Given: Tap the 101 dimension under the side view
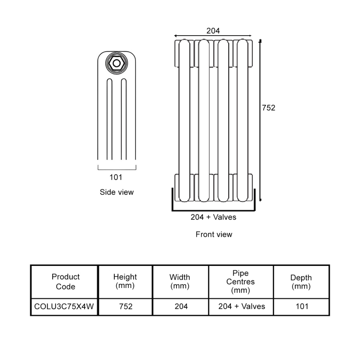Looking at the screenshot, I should (116, 177).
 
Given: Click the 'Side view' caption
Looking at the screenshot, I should (117, 192).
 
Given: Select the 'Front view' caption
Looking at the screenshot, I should (214, 234).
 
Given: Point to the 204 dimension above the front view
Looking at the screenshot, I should (213, 31).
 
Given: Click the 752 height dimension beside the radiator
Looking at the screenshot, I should (268, 108).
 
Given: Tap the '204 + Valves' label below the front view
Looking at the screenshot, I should (213, 217).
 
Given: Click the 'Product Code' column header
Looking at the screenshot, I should (66, 282).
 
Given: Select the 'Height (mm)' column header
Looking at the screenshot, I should (125, 282).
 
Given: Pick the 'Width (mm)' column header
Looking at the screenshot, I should (180, 282).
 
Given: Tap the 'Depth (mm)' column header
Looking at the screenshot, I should (301, 282).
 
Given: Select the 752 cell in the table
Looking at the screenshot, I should (125, 307).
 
